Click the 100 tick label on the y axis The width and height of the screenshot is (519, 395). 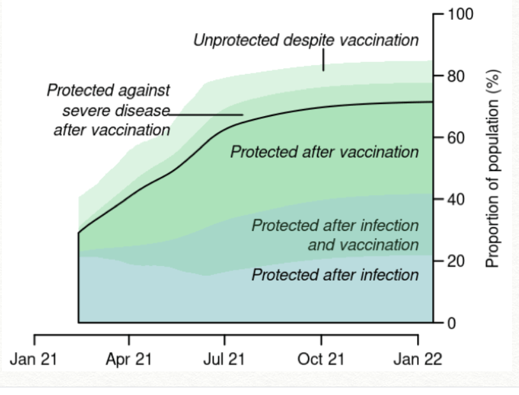[460, 14]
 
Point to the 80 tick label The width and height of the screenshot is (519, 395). [456, 76]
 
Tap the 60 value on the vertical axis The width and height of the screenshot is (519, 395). [456, 138]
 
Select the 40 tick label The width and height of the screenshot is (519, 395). [456, 200]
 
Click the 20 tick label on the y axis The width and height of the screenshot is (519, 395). [456, 262]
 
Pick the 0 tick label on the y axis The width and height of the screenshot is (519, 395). [452, 323]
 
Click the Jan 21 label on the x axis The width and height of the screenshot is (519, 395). [33, 359]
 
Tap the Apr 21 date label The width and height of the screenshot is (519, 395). [129, 359]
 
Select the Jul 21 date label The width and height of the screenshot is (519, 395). [224, 359]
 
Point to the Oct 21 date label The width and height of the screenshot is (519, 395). [321, 359]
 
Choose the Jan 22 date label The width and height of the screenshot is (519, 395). [418, 359]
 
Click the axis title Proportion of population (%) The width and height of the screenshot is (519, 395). [492, 168]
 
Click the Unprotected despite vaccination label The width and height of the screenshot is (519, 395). [306, 40]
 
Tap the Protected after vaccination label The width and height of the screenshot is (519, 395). [325, 152]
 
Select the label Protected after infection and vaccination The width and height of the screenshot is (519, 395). [335, 235]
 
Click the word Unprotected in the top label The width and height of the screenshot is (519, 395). [236, 40]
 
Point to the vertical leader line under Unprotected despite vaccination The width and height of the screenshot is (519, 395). [323, 60]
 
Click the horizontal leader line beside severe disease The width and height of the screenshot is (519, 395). [206, 115]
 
